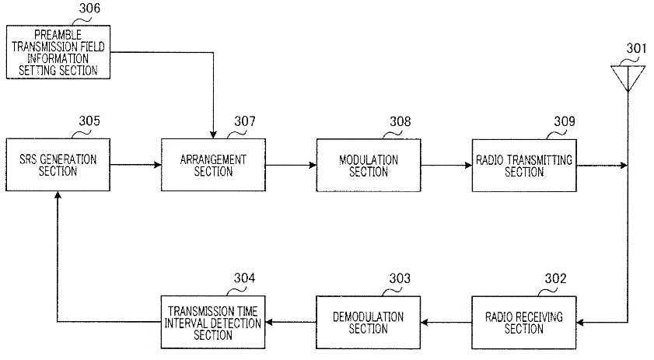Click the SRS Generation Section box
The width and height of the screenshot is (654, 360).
click(x=58, y=165)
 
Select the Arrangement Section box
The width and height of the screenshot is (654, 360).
click(x=213, y=165)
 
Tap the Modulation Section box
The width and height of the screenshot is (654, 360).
click(x=369, y=166)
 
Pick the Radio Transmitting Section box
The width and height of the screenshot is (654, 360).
click(x=524, y=166)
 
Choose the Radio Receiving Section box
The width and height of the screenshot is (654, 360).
click(x=524, y=323)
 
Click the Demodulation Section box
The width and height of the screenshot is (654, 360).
click(x=369, y=323)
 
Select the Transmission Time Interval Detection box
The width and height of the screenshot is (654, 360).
click(x=213, y=322)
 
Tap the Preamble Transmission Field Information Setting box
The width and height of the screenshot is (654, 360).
click(x=58, y=52)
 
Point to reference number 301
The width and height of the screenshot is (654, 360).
click(x=636, y=48)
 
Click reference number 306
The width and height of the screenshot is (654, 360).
click(x=89, y=9)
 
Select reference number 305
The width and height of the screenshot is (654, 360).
click(x=89, y=121)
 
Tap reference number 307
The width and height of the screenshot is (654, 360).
click(x=245, y=121)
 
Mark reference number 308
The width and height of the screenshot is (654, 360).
click(x=400, y=122)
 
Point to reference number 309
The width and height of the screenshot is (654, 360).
click(x=565, y=121)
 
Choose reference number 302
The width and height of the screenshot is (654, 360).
click(x=555, y=278)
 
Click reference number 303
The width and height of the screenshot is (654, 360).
click(x=400, y=278)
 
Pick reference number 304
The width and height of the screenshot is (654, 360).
click(x=244, y=278)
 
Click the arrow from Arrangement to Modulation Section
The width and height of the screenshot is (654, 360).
click(x=291, y=165)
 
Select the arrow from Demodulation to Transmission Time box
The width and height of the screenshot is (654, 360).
click(x=290, y=322)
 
